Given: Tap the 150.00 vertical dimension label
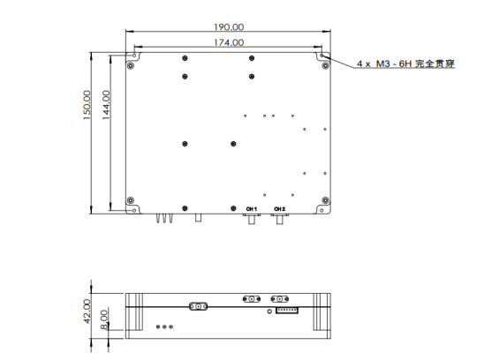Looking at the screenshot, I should [x=87, y=108].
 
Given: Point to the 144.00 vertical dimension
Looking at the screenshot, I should [x=106, y=108].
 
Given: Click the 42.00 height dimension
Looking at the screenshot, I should [x=87, y=311].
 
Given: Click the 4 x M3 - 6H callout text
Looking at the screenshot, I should [x=405, y=64].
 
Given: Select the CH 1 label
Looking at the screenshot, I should [x=251, y=208].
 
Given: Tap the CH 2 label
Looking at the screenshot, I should [x=280, y=208].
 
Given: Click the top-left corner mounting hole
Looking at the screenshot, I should [x=132, y=55].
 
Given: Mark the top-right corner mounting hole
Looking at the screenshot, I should [x=323, y=56].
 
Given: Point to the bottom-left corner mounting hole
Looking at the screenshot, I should [x=132, y=199].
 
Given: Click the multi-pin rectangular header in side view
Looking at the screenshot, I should [x=287, y=308].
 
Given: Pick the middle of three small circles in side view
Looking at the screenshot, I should [x=163, y=326].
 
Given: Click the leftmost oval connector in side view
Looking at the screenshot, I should [x=198, y=307].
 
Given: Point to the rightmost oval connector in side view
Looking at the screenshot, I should [x=282, y=298].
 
